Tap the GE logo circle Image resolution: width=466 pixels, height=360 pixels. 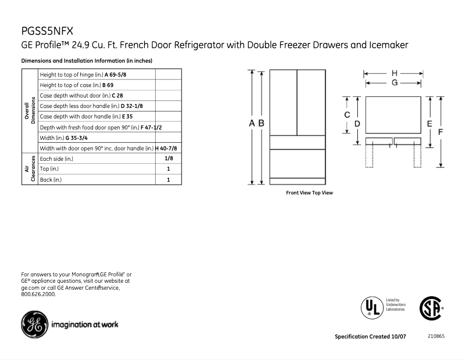click(x=34, y=323)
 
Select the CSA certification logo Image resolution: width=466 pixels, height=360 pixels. click(x=431, y=308)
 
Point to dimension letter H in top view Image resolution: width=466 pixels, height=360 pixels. click(x=395, y=73)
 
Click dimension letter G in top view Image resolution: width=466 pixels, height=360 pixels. click(x=395, y=83)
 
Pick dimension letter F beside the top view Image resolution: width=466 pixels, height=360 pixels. click(x=441, y=132)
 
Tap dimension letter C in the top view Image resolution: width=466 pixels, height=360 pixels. click(x=347, y=115)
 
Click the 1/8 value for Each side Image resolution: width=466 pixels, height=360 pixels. click(x=169, y=159)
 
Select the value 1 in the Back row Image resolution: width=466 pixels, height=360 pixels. click(x=169, y=179)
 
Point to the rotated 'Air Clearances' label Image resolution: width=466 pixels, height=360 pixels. click(x=30, y=169)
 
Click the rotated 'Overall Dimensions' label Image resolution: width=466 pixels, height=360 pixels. click(x=30, y=111)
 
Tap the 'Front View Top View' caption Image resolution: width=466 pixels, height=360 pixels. click(x=310, y=193)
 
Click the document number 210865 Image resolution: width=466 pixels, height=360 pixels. click(x=436, y=336)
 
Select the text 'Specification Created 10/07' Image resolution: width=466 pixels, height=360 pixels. click(x=370, y=337)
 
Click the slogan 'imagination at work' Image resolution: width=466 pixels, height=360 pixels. click(x=85, y=324)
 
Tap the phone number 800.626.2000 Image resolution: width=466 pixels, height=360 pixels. click(x=38, y=294)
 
